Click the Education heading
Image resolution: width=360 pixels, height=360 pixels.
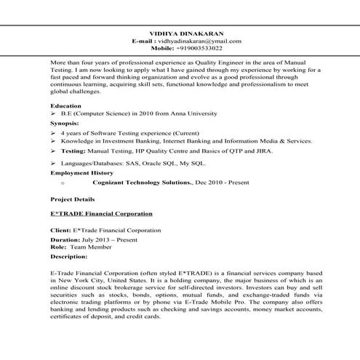tap(66, 106)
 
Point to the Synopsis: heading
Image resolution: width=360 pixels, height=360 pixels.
tap(65, 124)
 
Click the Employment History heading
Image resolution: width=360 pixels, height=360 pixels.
tap(81, 173)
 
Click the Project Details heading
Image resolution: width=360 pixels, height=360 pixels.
tap(72, 199)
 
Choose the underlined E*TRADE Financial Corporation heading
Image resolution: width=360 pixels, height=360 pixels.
tap(101, 214)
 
